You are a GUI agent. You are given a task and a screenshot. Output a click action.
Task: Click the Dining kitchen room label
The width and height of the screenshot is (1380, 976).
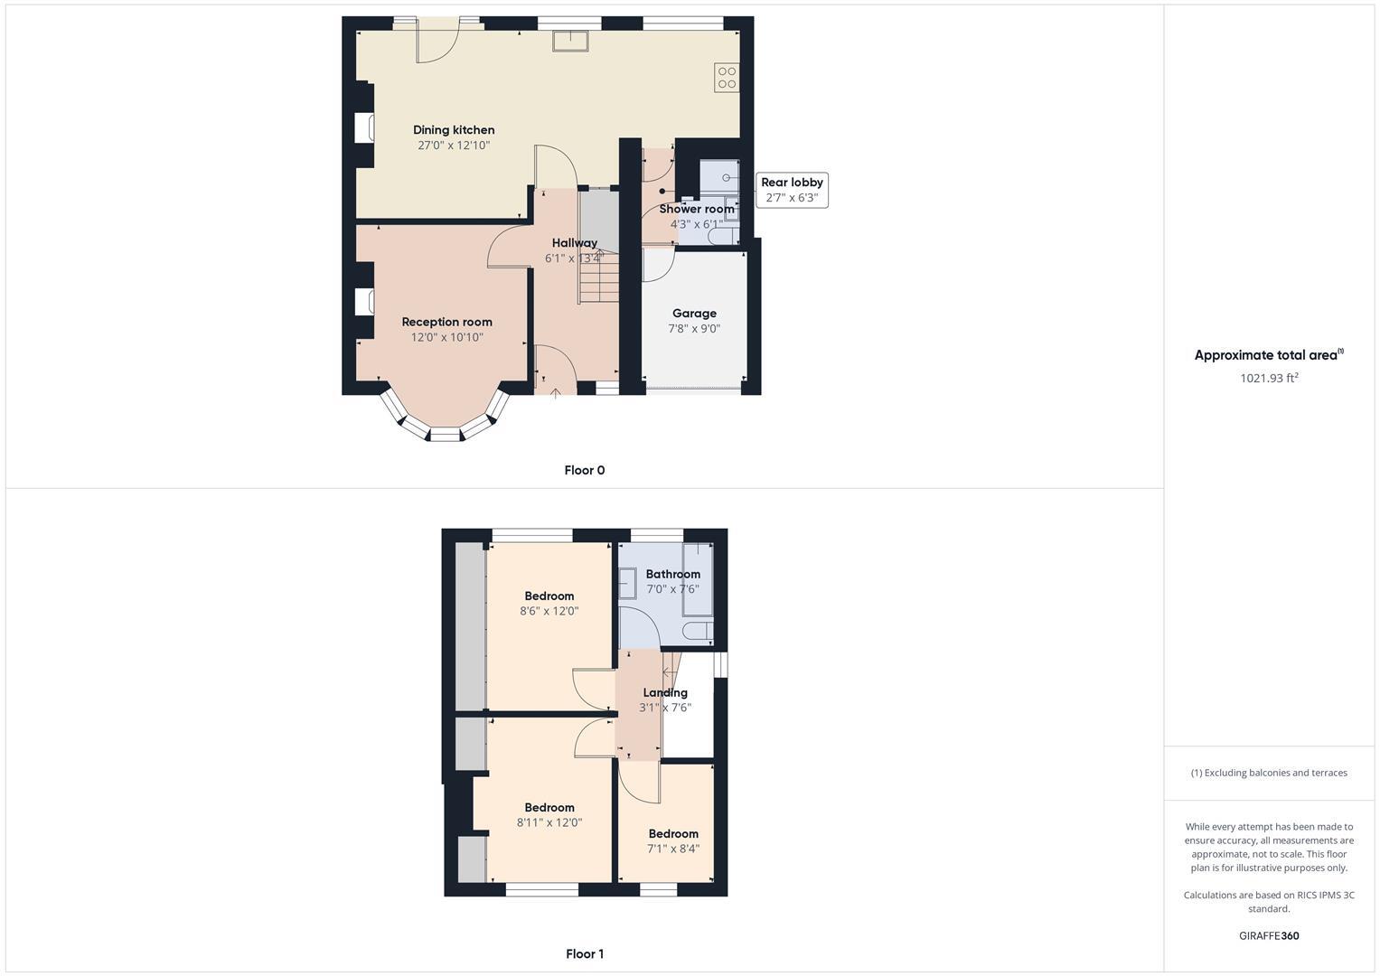454,130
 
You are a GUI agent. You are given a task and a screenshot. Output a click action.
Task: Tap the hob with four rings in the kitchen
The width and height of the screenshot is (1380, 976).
727,78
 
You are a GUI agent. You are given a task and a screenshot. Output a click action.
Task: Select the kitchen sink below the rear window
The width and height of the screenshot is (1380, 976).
571,39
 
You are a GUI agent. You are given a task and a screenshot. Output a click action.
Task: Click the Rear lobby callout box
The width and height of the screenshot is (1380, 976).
792,190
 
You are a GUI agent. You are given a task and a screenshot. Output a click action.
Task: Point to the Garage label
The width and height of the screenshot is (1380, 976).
694,314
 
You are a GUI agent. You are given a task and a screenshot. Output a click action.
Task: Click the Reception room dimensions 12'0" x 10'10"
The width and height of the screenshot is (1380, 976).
446,337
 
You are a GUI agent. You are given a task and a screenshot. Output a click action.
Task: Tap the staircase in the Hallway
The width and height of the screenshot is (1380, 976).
598,277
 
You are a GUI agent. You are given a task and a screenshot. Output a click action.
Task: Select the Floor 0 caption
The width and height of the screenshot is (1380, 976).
584,470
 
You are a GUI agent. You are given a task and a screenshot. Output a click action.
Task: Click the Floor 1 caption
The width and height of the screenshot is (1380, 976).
584,953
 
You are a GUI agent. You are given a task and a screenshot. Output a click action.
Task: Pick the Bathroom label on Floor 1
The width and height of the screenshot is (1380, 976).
672,574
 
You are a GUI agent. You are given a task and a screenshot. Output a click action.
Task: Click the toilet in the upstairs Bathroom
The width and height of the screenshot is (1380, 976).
697,630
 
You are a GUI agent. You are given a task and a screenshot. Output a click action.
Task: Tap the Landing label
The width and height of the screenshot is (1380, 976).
664,692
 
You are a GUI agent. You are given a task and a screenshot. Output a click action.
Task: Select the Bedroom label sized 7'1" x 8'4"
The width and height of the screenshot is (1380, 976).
672,833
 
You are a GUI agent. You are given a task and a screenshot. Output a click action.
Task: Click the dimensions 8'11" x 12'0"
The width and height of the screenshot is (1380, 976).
549,822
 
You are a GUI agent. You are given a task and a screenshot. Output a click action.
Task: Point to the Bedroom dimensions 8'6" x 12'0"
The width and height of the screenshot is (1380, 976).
549,611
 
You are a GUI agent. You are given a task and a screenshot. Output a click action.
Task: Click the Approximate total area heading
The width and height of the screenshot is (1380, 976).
1268,355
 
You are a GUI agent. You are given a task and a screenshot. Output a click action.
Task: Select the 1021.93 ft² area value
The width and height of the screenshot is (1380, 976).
1268,378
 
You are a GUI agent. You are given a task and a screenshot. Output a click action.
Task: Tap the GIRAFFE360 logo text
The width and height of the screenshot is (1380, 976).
1268,935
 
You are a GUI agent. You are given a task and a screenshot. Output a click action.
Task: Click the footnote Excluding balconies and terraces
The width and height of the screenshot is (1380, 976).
1268,773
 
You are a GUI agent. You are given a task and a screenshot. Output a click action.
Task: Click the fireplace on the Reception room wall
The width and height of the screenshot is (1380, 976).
364,301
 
